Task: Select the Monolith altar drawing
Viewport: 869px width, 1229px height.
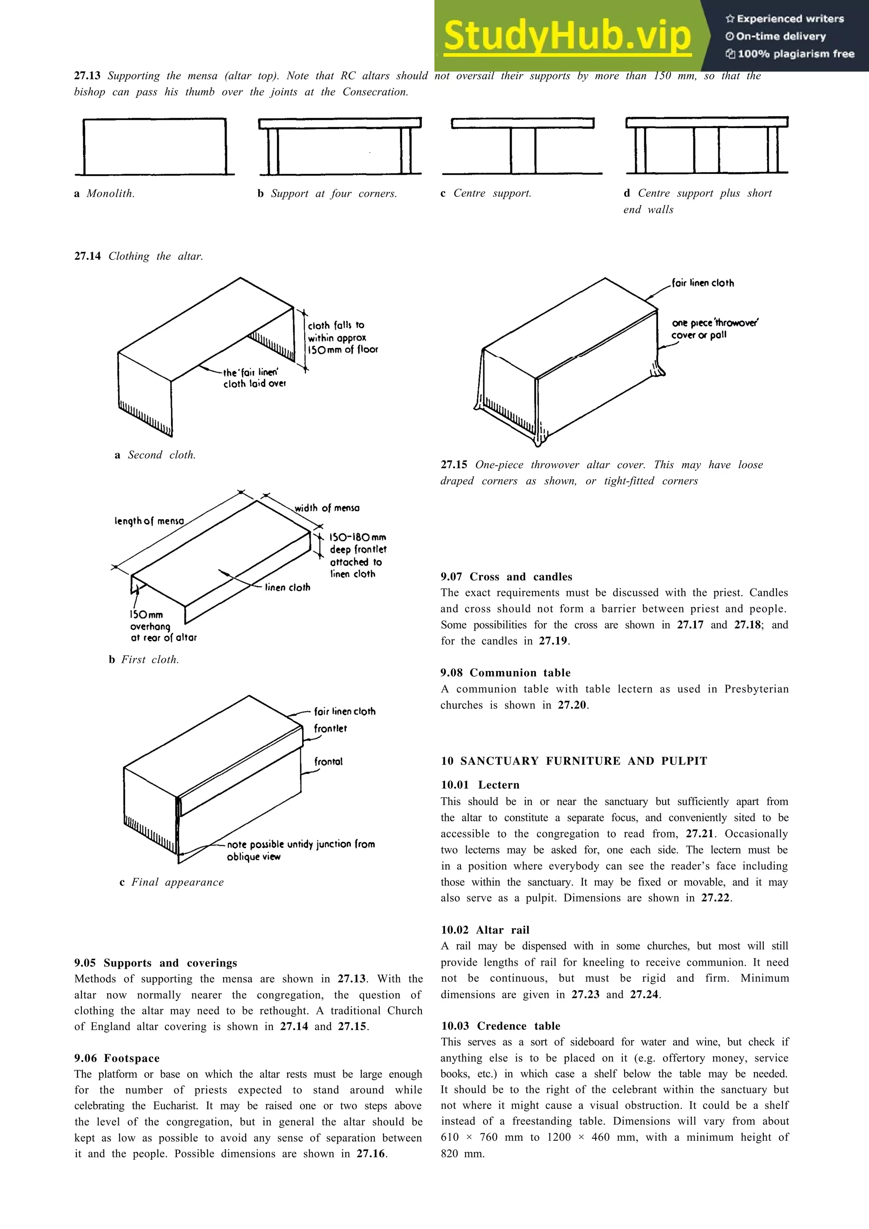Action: [x=154, y=146]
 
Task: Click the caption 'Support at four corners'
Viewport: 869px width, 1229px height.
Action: [x=328, y=194]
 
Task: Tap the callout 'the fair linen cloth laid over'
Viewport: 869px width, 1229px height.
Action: [x=254, y=378]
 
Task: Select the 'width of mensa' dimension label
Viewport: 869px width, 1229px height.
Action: [x=327, y=508]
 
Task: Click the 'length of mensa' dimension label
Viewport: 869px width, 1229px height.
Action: [x=149, y=521]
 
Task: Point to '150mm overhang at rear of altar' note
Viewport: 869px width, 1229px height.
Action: [x=163, y=626]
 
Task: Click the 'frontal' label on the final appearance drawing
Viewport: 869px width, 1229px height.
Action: [x=328, y=761]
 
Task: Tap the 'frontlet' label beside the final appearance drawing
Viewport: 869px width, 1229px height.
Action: [x=331, y=729]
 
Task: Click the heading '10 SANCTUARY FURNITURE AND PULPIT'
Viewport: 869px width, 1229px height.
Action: [x=573, y=761]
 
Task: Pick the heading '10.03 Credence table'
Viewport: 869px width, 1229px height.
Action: [x=500, y=1025]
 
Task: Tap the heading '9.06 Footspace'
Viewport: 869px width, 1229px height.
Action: [x=117, y=1058]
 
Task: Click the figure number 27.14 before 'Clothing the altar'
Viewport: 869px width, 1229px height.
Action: [x=87, y=256]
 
